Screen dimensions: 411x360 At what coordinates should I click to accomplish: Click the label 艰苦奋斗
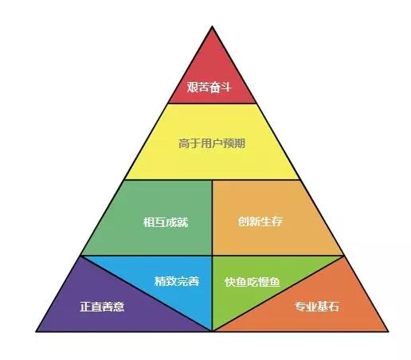coord(209,87)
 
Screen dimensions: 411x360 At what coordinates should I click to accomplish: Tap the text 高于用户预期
coord(212,143)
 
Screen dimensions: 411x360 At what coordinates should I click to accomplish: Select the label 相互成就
coord(166,222)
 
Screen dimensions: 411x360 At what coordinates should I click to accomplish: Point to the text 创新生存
coord(260,221)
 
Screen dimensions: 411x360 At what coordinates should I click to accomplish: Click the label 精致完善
coord(177,281)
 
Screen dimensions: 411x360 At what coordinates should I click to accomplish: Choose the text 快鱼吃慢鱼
coord(252,282)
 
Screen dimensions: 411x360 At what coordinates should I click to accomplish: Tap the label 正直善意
coord(102,307)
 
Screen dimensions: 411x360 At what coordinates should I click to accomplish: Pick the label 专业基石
coord(317,307)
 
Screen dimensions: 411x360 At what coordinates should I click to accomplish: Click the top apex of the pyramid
coord(212,26)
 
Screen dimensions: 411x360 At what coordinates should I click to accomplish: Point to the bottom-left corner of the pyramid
coord(37,331)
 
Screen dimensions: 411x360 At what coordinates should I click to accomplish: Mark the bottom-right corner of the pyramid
coord(388,331)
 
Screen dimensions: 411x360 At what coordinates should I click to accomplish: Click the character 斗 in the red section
coord(226,87)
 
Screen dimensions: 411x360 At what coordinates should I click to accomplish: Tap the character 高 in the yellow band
coord(184,143)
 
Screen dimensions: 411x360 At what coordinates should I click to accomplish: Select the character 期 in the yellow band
coord(240,143)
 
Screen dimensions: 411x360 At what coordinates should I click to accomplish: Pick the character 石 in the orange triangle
coord(334,307)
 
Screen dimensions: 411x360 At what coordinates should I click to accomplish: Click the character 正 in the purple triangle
coord(85,307)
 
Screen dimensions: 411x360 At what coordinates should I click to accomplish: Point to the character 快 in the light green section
coord(230,282)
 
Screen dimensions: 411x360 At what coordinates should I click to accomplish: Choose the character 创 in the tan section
coord(243,221)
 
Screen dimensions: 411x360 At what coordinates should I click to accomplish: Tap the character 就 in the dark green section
coord(182,222)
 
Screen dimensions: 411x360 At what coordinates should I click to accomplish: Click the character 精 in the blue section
coord(160,281)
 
